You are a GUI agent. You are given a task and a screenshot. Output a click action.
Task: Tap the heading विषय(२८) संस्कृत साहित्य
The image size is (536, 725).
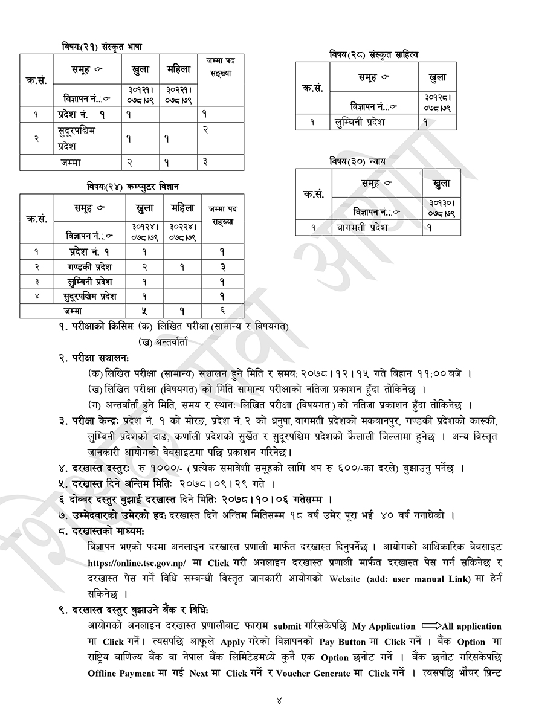tap(373, 54)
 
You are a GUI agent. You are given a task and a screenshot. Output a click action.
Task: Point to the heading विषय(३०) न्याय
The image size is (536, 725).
tap(357, 161)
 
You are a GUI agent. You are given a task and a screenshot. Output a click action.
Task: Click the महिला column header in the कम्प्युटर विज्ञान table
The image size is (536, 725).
tap(182, 208)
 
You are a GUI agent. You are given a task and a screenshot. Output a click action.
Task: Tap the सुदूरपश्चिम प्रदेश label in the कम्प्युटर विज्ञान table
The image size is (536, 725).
tap(90, 296)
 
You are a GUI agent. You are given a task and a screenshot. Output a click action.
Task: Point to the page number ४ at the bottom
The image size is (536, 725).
tap(279, 701)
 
